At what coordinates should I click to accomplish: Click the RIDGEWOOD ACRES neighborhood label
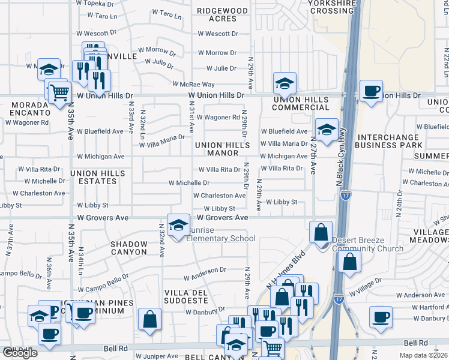click(x=223, y=15)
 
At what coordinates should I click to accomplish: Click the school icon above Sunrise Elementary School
click(x=178, y=226)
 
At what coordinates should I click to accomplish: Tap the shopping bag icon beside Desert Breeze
click(x=321, y=232)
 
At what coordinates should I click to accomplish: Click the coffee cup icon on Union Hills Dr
click(x=371, y=91)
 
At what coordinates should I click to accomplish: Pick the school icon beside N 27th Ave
click(x=326, y=130)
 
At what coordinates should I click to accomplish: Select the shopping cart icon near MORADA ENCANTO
click(x=59, y=93)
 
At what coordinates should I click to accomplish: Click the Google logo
click(x=20, y=353)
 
